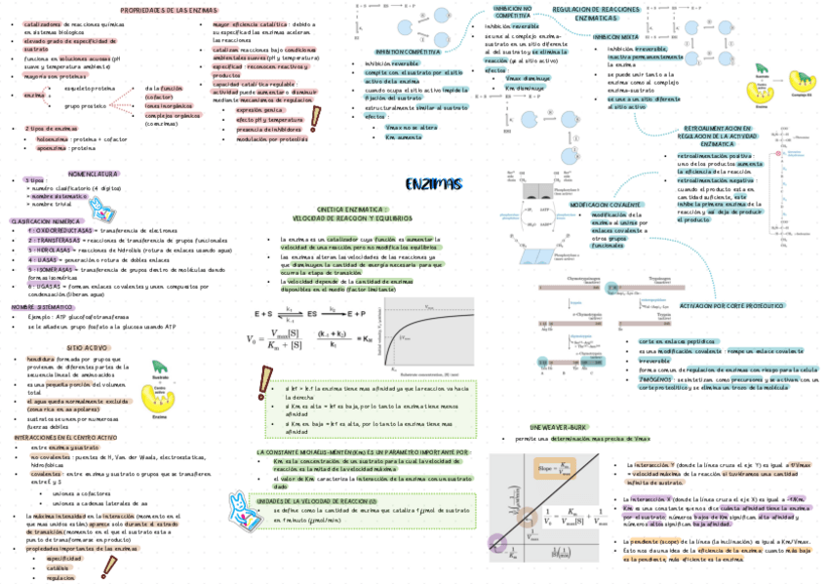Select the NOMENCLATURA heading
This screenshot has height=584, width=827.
94,173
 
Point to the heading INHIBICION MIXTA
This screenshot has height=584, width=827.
616,36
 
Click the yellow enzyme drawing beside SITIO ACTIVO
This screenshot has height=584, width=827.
162,376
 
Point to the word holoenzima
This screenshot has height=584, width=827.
51,139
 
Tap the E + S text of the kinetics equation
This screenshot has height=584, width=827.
264,315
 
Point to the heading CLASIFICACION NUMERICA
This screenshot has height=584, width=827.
45,221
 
